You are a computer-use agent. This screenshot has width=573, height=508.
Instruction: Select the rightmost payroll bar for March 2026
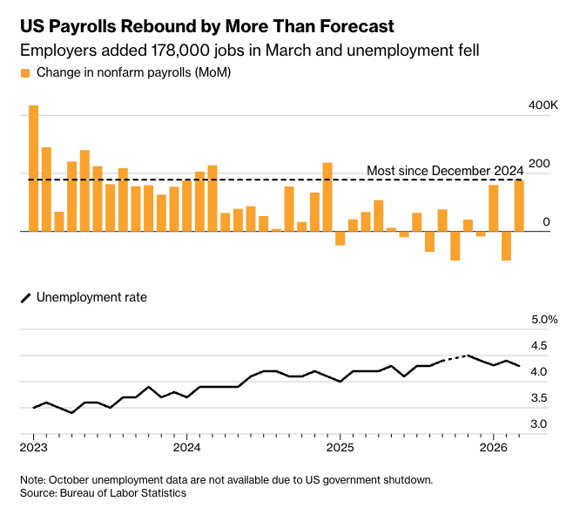(519, 205)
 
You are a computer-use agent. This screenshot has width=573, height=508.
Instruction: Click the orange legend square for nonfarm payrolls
(25, 72)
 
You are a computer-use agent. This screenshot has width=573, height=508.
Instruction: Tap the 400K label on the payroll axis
(543, 105)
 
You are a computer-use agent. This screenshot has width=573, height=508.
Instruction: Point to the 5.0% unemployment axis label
(544, 320)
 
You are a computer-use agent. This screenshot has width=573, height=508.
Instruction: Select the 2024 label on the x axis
(186, 448)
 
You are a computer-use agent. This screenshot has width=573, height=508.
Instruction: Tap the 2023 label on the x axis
(33, 448)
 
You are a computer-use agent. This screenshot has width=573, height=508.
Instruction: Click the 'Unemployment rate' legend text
(91, 297)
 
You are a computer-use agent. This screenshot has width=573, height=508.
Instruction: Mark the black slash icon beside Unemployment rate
(25, 298)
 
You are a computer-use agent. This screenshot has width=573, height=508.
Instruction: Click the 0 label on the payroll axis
(545, 223)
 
